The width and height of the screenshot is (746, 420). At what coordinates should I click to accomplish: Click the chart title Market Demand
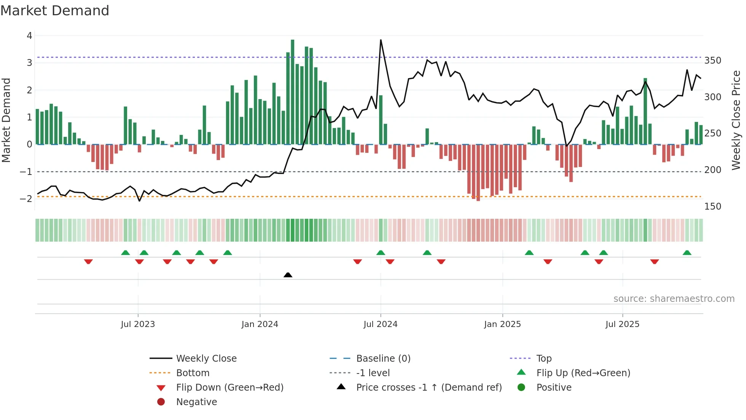click(55, 11)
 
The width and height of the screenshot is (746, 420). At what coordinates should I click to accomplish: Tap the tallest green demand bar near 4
click(292, 91)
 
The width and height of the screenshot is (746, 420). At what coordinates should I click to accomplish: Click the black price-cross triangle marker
click(288, 275)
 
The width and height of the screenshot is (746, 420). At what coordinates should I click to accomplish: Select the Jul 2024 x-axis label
click(380, 324)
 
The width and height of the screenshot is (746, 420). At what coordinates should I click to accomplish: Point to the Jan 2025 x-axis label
click(502, 324)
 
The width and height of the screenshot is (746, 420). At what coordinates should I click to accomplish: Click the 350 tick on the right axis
click(713, 61)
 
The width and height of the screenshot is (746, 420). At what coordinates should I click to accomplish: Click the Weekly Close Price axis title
click(736, 120)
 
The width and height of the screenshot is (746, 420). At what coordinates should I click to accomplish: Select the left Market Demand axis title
click(6, 120)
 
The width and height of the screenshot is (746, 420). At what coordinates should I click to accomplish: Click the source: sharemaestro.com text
click(674, 299)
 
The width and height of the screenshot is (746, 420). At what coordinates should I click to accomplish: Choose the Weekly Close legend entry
click(206, 359)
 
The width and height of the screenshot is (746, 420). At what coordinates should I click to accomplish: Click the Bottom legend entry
click(193, 373)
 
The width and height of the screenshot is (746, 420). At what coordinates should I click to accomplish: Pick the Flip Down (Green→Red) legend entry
click(230, 388)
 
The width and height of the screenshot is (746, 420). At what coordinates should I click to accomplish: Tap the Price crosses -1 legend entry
click(429, 388)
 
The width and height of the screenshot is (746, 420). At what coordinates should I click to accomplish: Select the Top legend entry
click(544, 359)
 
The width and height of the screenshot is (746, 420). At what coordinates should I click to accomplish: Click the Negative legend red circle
click(161, 402)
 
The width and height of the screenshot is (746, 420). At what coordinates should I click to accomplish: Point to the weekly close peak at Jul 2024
click(381, 40)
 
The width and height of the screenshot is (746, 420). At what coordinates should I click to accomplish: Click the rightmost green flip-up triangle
click(687, 253)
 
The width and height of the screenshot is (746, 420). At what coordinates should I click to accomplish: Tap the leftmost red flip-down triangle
click(88, 261)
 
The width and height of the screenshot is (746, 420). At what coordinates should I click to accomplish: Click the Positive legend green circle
click(521, 388)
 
